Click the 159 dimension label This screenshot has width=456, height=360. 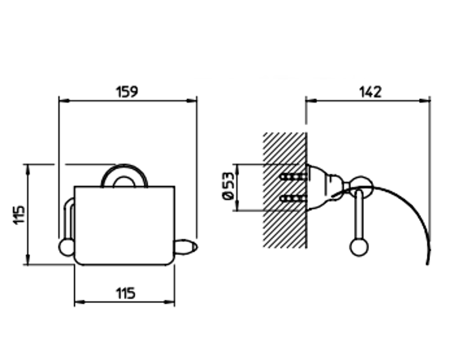pyautogui.click(x=127, y=92)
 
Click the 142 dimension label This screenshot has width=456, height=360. pyautogui.click(x=370, y=92)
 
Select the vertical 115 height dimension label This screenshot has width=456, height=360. pyautogui.click(x=19, y=215)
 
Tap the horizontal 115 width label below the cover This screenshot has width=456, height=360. pyautogui.click(x=125, y=293)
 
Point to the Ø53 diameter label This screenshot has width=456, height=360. pyautogui.click(x=228, y=186)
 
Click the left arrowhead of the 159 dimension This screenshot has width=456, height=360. pyautogui.click(x=64, y=101)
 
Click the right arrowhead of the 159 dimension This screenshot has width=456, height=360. pyautogui.click(x=192, y=101)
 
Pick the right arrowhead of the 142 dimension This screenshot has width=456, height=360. pyautogui.click(x=425, y=101)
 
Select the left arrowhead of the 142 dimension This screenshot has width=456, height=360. pyautogui.click(x=311, y=101)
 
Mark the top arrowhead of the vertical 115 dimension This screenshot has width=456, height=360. pyautogui.click(x=28, y=170)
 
